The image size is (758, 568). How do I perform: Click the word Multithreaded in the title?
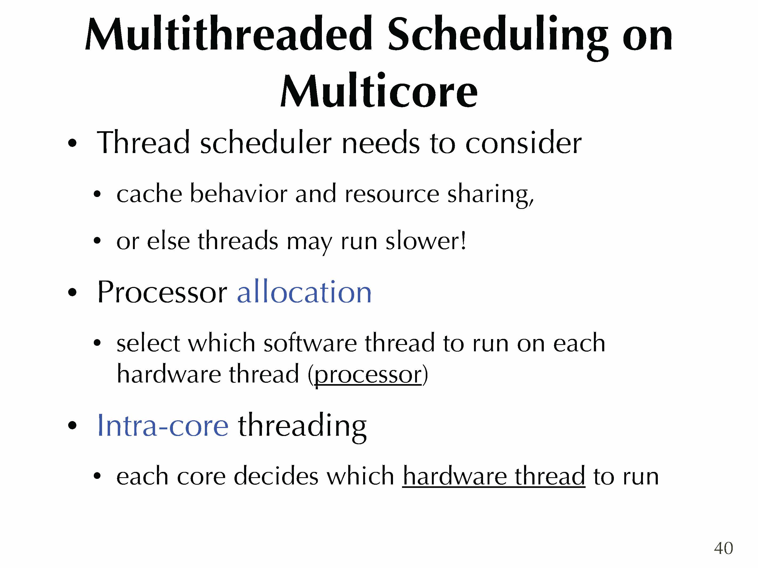[x=229, y=34]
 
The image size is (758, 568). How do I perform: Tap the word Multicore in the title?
[x=379, y=90]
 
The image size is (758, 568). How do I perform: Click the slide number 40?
[x=723, y=548]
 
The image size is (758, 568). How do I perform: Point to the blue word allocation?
[x=304, y=291]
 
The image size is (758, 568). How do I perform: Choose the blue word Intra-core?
[x=163, y=425]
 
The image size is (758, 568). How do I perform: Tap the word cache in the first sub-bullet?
[x=149, y=194]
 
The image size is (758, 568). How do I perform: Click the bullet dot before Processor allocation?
[x=72, y=293]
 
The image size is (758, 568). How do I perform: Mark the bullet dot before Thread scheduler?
[x=72, y=143]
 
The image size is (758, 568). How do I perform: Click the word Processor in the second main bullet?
[x=162, y=292]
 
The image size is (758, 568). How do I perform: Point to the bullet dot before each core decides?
[x=97, y=476]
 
